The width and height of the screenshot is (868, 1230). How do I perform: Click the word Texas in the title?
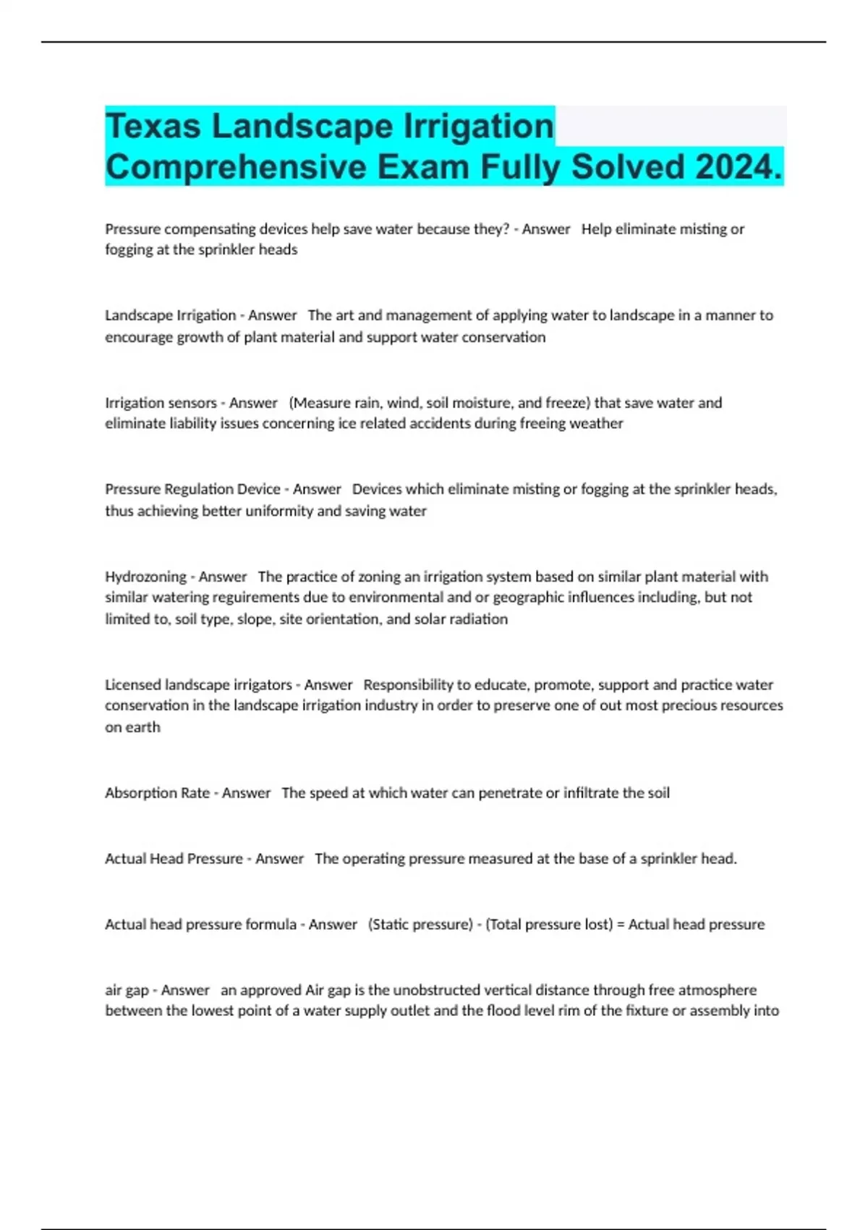point(153,127)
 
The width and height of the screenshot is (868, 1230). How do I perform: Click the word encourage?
point(140,337)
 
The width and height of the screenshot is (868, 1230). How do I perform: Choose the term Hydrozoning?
point(145,577)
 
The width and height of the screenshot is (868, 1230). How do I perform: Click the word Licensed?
point(133,684)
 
